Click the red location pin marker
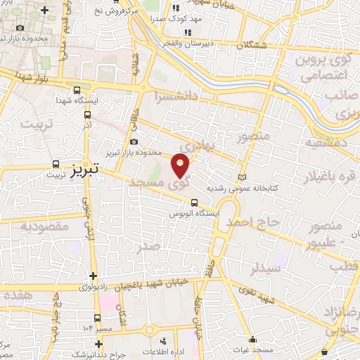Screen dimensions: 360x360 click(x=181, y=165)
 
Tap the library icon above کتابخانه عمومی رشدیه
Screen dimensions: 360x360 click(x=243, y=176)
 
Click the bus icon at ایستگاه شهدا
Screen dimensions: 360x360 click(x=76, y=90)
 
